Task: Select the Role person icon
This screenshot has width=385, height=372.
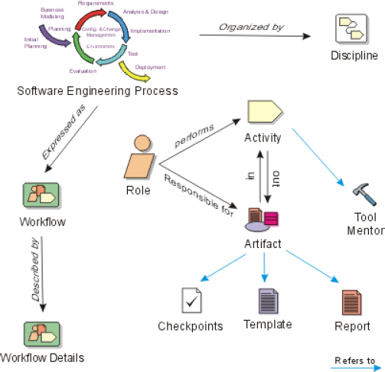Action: [139, 158]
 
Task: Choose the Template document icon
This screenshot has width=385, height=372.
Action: [267, 300]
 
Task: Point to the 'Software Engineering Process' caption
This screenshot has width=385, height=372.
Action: [97, 91]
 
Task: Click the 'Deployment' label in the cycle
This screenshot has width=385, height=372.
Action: [151, 67]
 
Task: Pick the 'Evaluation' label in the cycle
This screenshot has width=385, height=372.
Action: [82, 70]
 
